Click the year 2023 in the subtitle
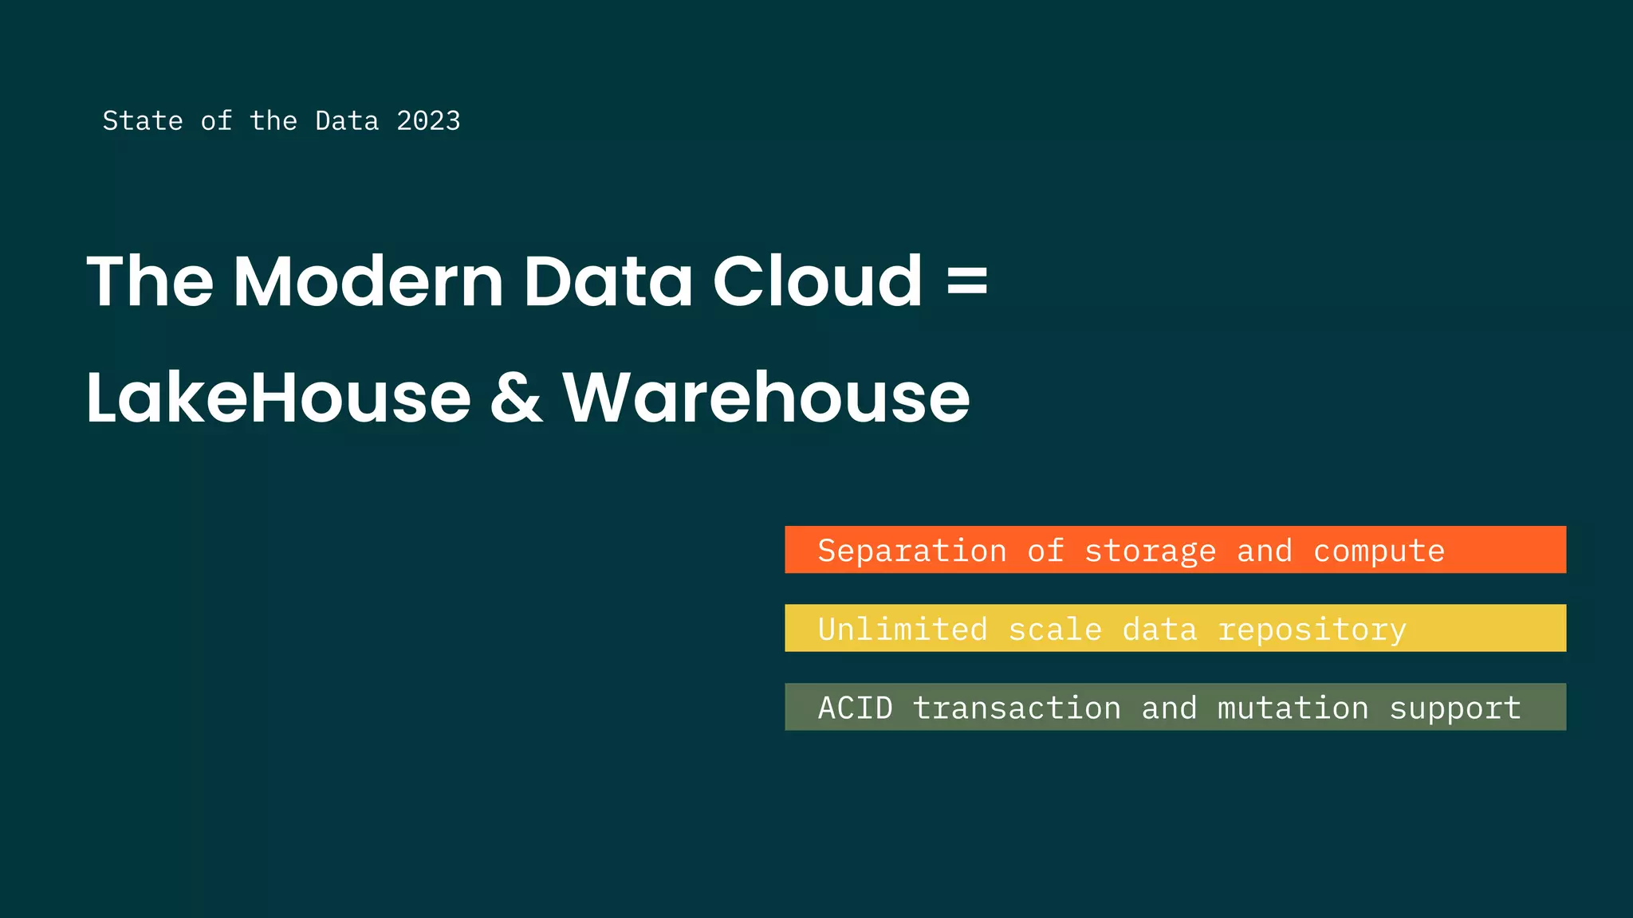428,121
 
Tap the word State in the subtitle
143,121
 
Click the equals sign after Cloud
967,283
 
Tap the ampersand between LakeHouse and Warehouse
517,398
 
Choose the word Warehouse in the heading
766,398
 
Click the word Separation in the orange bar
912,551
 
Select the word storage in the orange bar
1150,551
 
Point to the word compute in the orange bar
1379,551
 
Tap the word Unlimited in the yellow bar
903,630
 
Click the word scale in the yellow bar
1055,630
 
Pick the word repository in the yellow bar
1312,630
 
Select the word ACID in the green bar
856,708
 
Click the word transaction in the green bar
1017,708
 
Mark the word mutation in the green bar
1293,708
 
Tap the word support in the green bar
1455,708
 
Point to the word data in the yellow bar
1159,630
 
